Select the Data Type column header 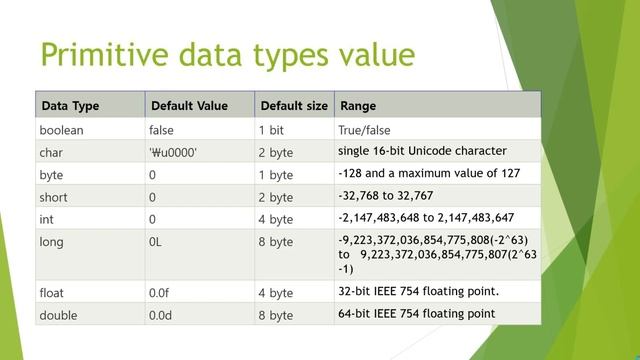pos(70,106)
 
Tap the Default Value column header pos(188,106)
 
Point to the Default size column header pos(292,106)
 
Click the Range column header pos(359,106)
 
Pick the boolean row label pos(63,130)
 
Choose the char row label pos(51,153)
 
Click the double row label pos(60,315)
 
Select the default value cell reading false pos(161,130)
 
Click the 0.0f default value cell pos(160,293)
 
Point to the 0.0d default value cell pos(160,315)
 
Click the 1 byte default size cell pos(275,175)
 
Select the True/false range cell pos(364,130)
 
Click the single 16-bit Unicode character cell pos(422,152)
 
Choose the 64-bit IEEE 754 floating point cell pos(417,314)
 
